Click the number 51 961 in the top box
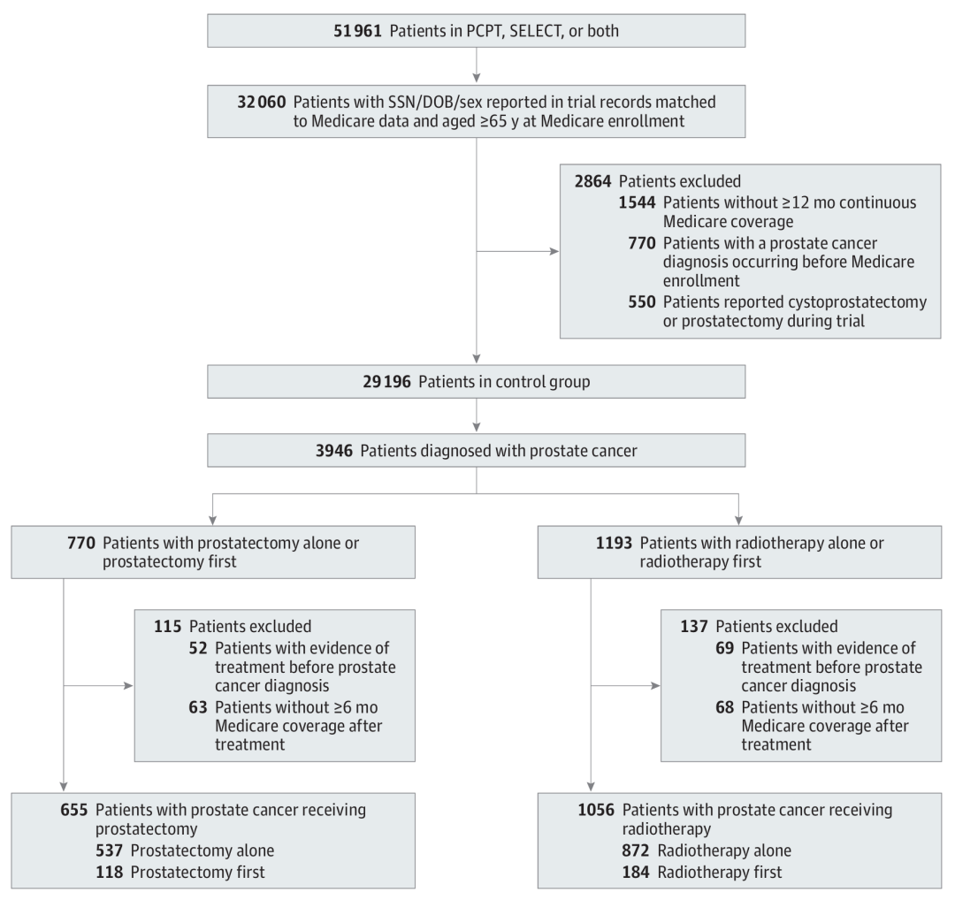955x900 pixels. [357, 31]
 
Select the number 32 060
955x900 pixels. [261, 102]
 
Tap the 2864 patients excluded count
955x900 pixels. [592, 181]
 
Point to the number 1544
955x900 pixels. [637, 202]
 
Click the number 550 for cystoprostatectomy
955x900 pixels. [642, 302]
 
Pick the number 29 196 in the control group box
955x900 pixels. [386, 382]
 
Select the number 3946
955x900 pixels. [333, 451]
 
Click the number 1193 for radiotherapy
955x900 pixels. [614, 543]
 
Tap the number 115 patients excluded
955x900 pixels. [167, 627]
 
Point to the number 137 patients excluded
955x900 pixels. [694, 627]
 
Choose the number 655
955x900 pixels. [74, 810]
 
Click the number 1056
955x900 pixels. [596, 810]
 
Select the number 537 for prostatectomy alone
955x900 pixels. [109, 850]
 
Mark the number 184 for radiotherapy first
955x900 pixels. [636, 873]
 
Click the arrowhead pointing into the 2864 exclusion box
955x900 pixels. [554, 251]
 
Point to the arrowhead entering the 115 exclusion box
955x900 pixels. [128, 686]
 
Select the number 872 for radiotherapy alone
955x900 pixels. [636, 850]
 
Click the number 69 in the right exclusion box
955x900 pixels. [725, 649]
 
